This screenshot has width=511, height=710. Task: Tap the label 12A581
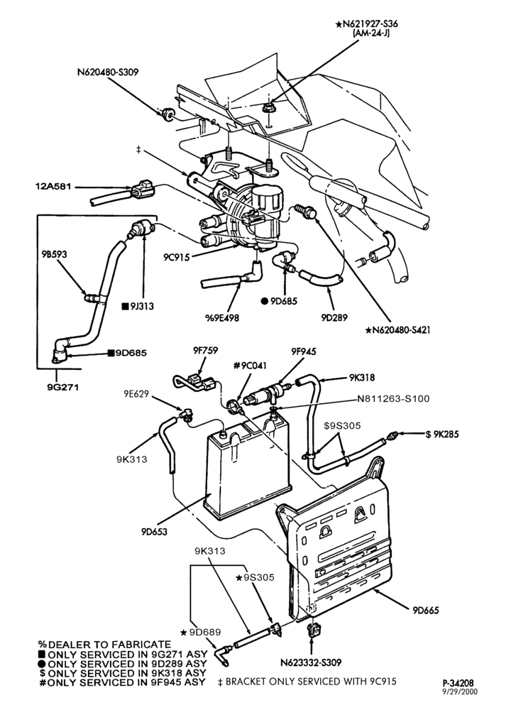[x=54, y=186]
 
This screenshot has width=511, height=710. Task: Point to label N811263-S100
[x=393, y=399]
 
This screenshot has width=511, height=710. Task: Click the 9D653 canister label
[x=154, y=531]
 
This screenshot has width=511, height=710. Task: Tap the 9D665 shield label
[x=426, y=610]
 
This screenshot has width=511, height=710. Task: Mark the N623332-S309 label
[x=310, y=662]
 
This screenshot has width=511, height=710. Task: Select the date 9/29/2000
[x=460, y=691]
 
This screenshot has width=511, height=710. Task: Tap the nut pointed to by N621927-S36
[x=268, y=107]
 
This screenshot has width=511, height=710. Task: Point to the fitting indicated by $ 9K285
[x=392, y=437]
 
